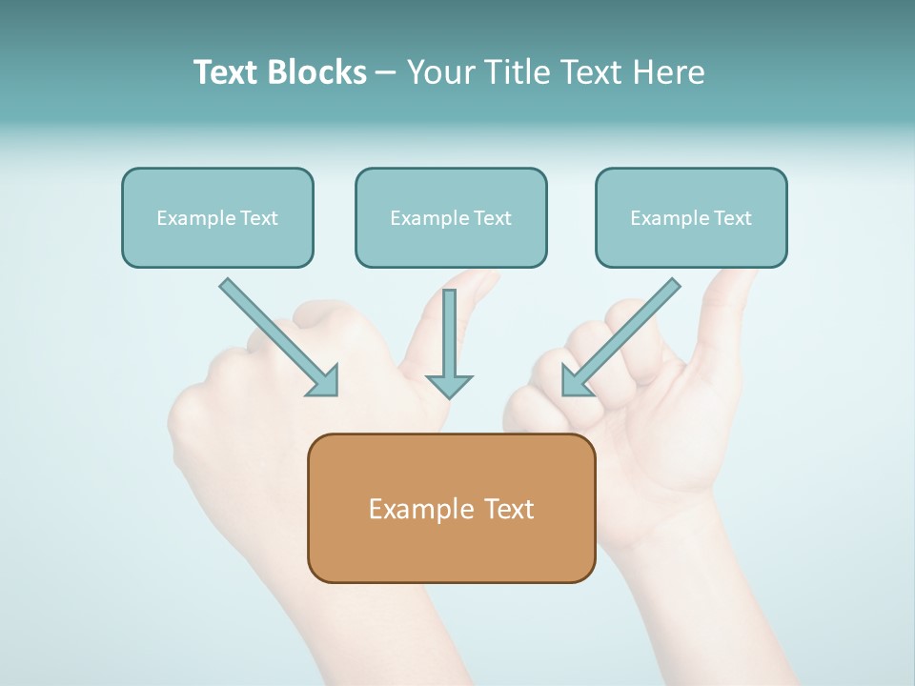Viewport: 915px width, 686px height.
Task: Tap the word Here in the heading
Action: click(x=671, y=72)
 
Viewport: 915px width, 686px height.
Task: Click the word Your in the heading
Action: click(x=441, y=72)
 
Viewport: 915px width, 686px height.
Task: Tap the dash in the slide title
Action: click(x=386, y=73)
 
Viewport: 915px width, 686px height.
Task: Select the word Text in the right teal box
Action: click(x=733, y=218)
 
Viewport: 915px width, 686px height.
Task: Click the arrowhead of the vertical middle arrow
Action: click(x=449, y=385)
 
